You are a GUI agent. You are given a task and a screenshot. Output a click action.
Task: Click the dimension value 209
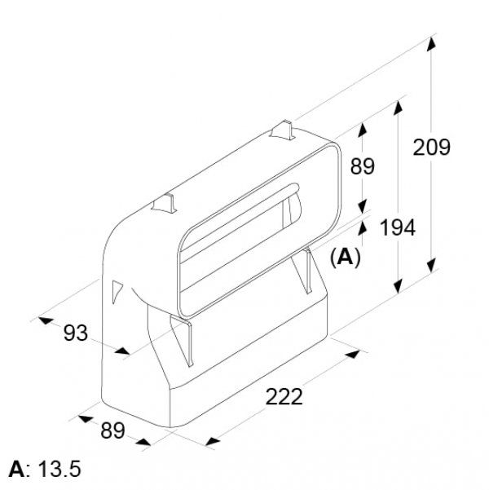point(431,148)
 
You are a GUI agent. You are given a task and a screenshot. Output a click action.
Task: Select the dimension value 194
point(398,227)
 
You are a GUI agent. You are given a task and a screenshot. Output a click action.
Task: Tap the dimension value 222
point(284,396)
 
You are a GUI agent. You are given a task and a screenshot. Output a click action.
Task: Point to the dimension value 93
point(76,333)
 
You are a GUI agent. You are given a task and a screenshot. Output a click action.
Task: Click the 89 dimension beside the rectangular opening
point(363,166)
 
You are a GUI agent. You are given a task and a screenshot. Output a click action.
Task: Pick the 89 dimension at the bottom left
point(112,430)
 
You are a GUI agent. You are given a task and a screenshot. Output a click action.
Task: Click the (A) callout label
point(346,258)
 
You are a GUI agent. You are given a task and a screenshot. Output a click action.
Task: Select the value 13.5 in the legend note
point(59,469)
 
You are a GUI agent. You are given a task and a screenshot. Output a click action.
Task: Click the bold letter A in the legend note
point(17,469)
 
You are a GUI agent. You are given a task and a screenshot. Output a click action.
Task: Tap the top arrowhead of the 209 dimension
point(431,43)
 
